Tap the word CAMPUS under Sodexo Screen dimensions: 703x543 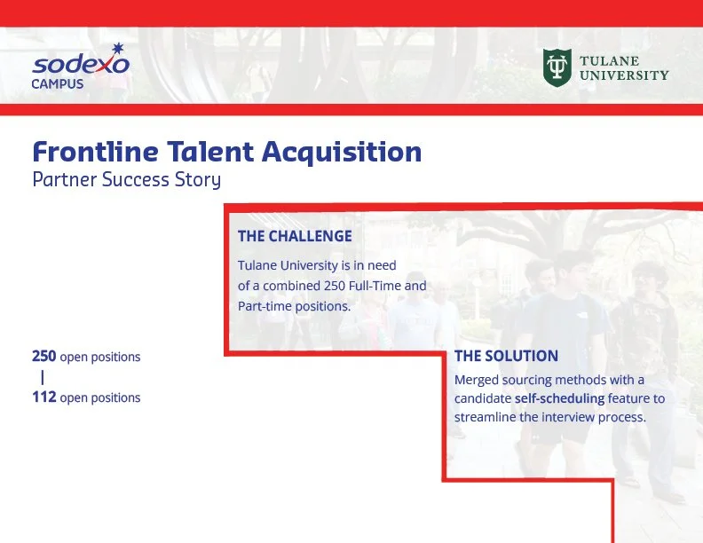pyautogui.click(x=58, y=84)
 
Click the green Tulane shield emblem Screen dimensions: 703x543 pyautogui.click(x=557, y=67)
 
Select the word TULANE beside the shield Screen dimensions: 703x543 pyautogui.click(x=609, y=61)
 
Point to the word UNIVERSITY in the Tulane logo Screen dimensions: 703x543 pyautogui.click(x=624, y=75)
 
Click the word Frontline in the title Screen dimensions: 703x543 pyautogui.click(x=96, y=152)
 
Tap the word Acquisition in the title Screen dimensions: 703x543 pyautogui.click(x=342, y=153)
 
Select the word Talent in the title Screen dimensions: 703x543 pyautogui.click(x=210, y=152)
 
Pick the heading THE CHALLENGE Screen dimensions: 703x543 pyautogui.click(x=295, y=236)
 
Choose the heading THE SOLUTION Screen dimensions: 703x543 pyautogui.click(x=506, y=356)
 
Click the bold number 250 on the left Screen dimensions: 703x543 pyautogui.click(x=44, y=356)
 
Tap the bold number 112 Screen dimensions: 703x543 pyautogui.click(x=44, y=397)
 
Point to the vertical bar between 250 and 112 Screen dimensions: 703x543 pyautogui.click(x=43, y=377)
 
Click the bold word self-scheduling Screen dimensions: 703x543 pyautogui.click(x=559, y=398)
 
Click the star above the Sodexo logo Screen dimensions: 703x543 pyautogui.click(x=117, y=49)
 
